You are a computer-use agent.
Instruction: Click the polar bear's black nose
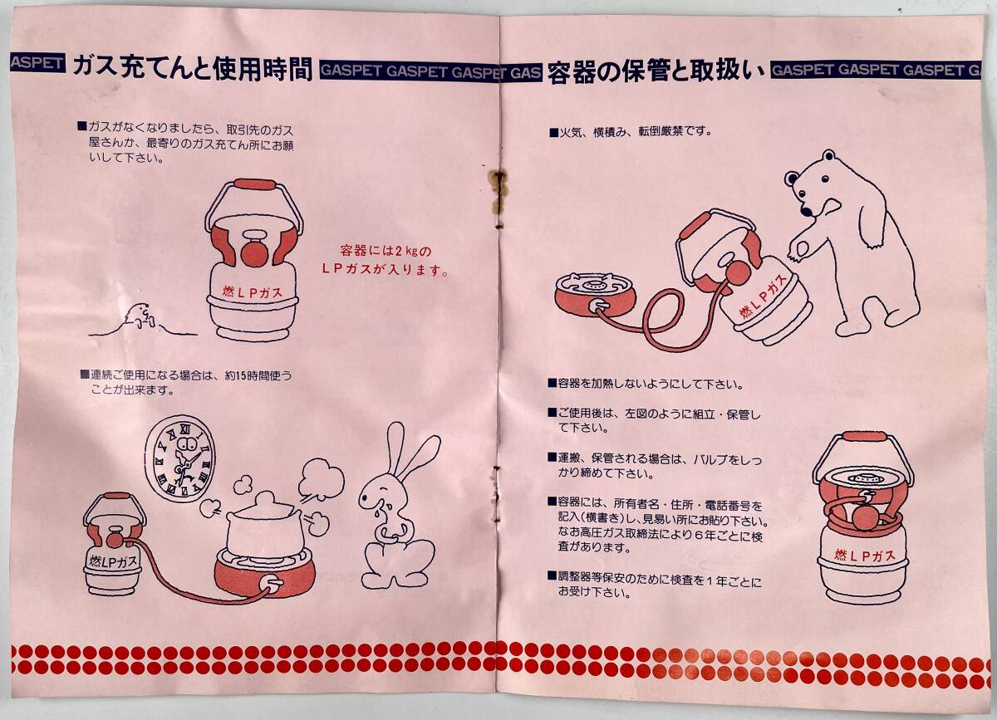806,210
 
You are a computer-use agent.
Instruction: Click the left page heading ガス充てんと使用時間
193,69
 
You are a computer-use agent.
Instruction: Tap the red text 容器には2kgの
386,251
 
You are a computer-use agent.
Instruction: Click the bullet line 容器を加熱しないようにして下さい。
646,384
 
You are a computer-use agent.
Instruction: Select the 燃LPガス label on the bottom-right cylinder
864,555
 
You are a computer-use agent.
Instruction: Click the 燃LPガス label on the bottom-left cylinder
113,561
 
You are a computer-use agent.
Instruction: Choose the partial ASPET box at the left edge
37,63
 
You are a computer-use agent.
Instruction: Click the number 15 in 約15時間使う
241,376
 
